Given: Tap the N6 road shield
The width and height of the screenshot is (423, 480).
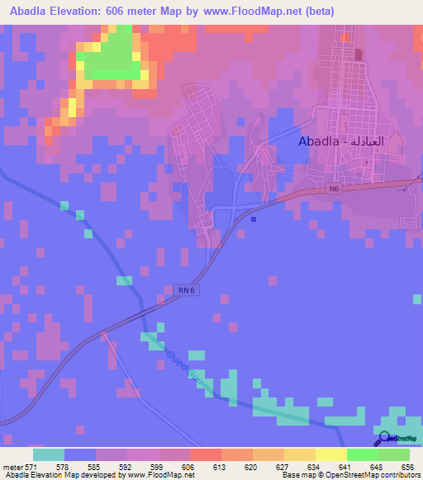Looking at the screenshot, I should [333, 189].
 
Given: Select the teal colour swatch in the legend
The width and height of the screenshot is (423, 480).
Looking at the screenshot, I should [49, 454].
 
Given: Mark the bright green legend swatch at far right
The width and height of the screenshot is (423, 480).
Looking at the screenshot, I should [394, 454].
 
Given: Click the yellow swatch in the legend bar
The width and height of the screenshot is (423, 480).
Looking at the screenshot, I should [331, 454].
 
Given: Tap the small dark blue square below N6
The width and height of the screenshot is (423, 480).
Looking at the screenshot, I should [253, 219].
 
